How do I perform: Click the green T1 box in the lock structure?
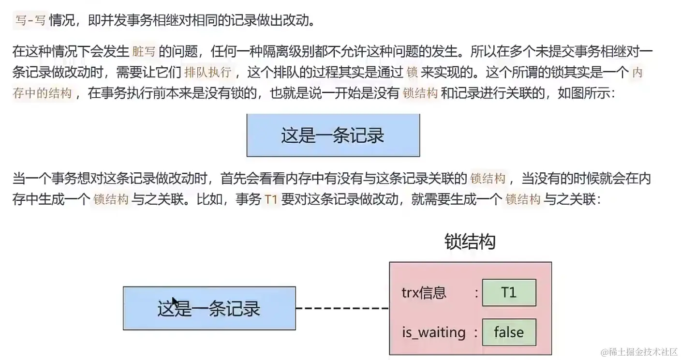(509, 292)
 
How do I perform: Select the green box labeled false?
(509, 332)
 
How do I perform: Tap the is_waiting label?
(434, 332)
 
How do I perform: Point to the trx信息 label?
(424, 292)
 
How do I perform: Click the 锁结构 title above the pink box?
(470, 242)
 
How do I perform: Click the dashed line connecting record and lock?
(342, 308)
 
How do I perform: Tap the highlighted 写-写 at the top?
(30, 20)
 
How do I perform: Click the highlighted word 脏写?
(144, 51)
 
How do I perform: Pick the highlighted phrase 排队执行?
(208, 73)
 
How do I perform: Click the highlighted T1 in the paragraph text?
(271, 199)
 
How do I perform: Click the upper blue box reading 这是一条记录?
(333, 135)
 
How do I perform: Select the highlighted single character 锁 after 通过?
(412, 73)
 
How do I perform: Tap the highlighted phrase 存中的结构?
(42, 93)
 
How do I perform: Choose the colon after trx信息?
(476, 293)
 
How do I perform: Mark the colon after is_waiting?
(476, 333)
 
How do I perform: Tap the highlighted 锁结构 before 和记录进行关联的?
(420, 93)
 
